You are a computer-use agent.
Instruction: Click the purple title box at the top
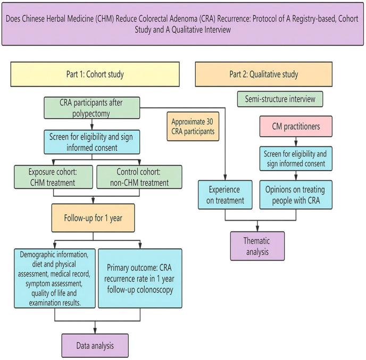(182, 22)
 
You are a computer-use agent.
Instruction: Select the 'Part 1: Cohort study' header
(95, 74)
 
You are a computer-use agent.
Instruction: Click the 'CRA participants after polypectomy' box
(92, 108)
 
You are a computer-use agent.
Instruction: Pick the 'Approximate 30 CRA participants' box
(193, 127)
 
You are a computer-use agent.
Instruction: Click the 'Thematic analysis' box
(257, 246)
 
